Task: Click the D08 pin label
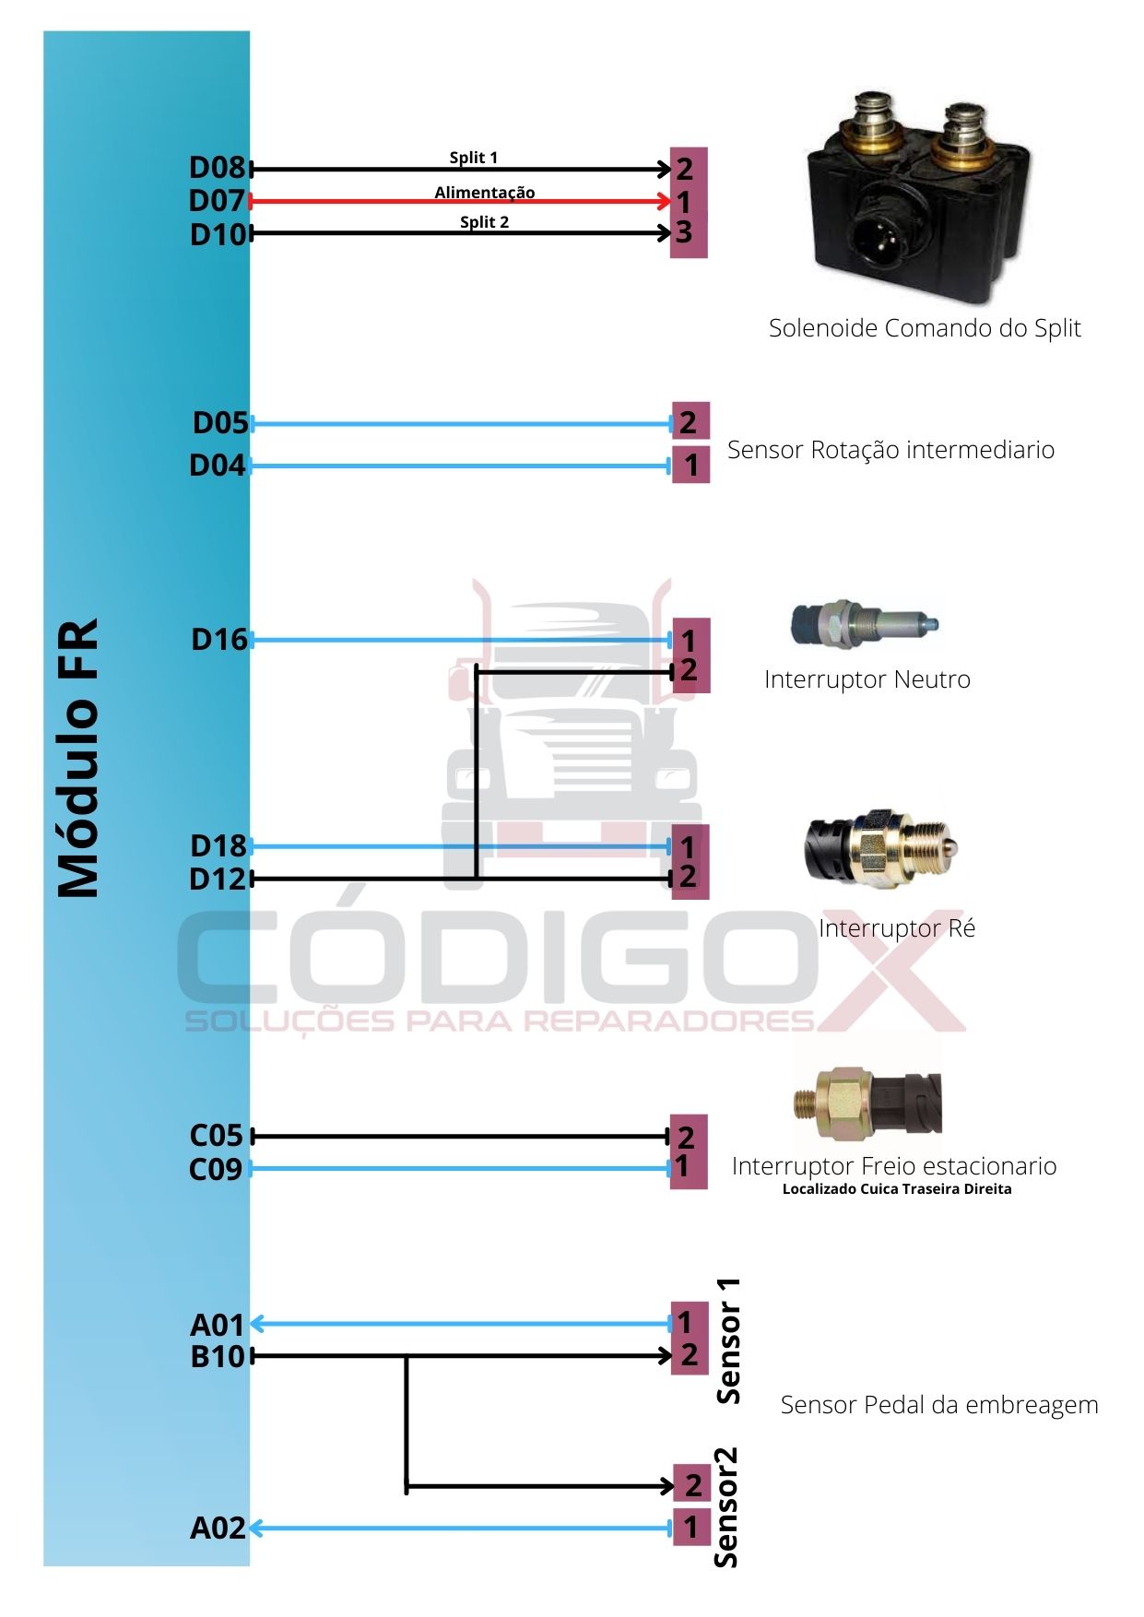click(217, 168)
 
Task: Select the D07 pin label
click(217, 201)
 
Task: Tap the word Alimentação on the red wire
click(485, 192)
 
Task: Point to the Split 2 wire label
click(484, 222)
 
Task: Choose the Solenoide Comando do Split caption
click(924, 328)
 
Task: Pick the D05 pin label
click(220, 423)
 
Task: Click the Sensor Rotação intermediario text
click(890, 450)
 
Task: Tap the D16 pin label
click(218, 640)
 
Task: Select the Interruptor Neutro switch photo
click(864, 624)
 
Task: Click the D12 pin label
click(218, 879)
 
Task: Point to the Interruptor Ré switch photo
click(881, 849)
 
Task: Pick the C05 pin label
click(216, 1136)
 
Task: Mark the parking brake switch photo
click(867, 1102)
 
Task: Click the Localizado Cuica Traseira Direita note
click(896, 1189)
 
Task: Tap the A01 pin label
click(217, 1325)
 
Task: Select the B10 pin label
click(218, 1357)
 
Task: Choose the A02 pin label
click(218, 1528)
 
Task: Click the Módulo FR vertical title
click(78, 757)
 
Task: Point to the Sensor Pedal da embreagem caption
click(938, 1405)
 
